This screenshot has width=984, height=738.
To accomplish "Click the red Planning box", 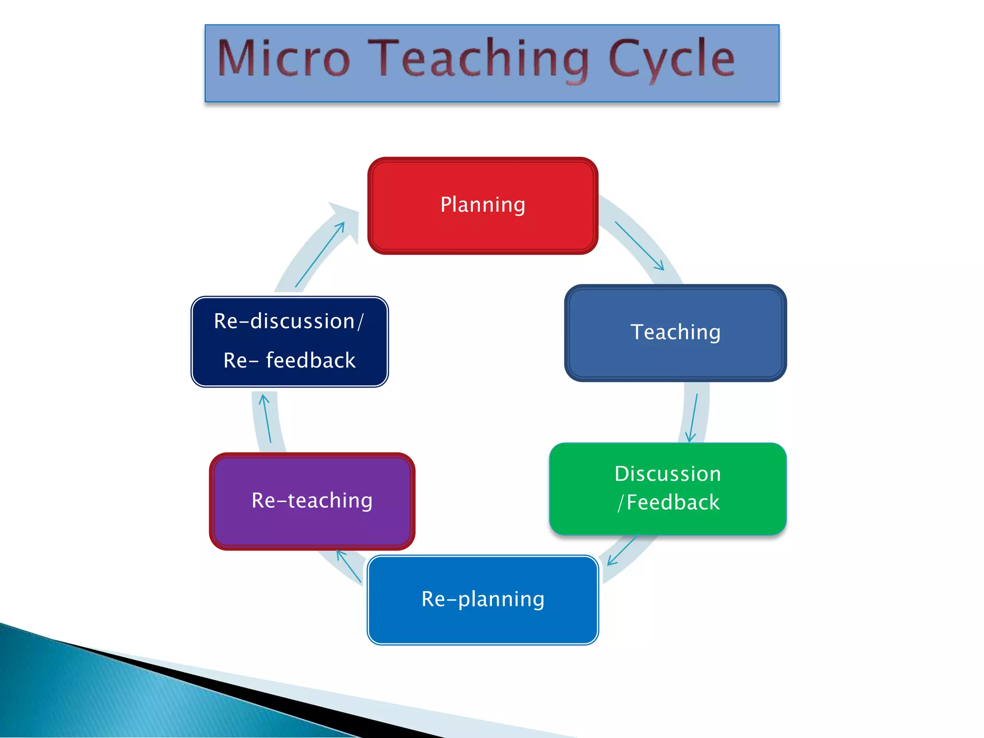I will (482, 206).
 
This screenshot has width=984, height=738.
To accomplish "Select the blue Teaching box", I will (675, 333).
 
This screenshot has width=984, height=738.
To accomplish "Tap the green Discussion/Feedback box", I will (667, 489).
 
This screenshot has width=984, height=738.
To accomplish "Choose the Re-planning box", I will (482, 600).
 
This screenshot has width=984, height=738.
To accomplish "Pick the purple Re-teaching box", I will (312, 501).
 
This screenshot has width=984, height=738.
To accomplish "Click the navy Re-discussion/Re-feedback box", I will (289, 342).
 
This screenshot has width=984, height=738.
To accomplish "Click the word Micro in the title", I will (283, 59).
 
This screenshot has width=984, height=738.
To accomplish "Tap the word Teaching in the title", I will (480, 59).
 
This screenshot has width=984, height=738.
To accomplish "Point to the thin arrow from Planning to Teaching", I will (639, 246).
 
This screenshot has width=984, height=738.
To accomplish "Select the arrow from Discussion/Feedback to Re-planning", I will (622, 551).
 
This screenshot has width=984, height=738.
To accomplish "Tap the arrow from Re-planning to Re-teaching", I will (349, 566).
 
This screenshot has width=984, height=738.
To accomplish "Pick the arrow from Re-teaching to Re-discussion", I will (267, 418).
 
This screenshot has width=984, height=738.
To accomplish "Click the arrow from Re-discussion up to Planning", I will (320, 255).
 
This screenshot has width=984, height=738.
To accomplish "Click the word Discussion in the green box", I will (667, 474).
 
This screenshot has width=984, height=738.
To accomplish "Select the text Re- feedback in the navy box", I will (289, 361).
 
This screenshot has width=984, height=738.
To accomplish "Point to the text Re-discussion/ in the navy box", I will (288, 321).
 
